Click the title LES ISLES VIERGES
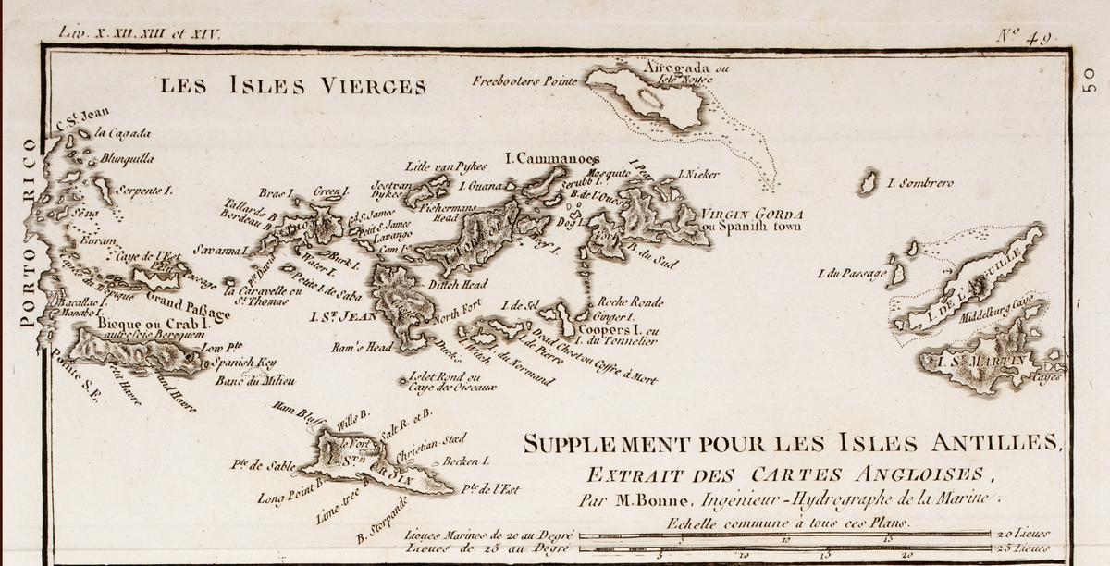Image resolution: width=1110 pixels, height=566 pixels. coord(293,87)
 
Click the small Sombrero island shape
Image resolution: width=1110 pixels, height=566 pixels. coord(868,182)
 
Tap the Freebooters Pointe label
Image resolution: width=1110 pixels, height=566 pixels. coord(524,81)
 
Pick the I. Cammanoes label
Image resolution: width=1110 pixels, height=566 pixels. coord(552,159)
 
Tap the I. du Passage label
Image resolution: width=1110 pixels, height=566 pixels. coord(852,274)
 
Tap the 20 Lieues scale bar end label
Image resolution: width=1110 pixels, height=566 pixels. coord(1022,535)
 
